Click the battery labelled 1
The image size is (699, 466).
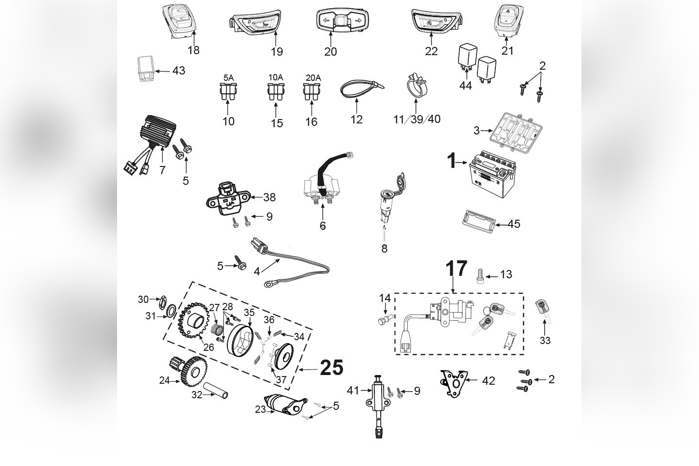[490, 176]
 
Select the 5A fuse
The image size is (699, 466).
[228, 92]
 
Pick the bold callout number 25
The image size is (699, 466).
[332, 368]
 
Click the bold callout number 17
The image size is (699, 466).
[456, 269]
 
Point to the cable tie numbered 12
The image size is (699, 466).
[361, 89]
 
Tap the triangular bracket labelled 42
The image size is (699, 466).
[455, 382]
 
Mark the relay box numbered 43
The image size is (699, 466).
[145, 70]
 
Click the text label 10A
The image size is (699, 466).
[276, 77]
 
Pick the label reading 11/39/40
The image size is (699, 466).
[416, 119]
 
